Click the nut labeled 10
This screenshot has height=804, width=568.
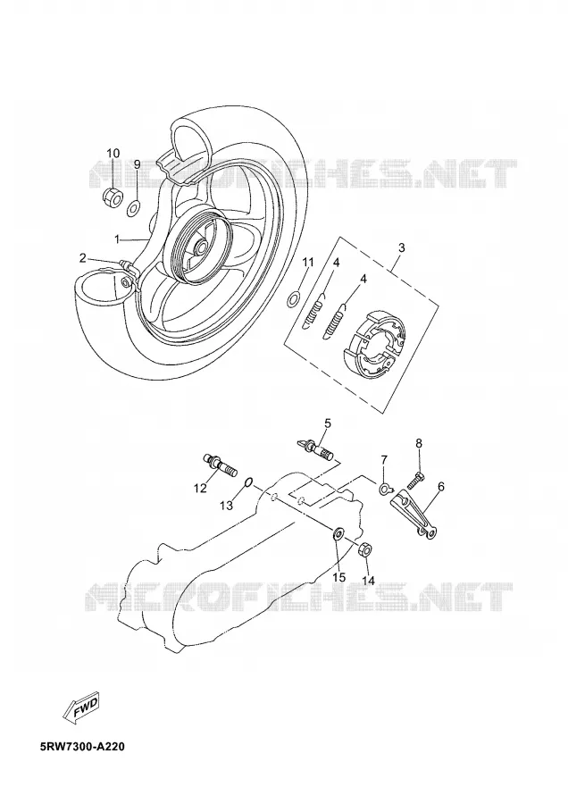pyautogui.click(x=113, y=197)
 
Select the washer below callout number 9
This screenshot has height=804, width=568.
pyautogui.click(x=134, y=206)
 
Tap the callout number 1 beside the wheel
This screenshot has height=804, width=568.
pyautogui.click(x=117, y=239)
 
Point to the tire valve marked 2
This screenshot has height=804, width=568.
pyautogui.click(x=126, y=265)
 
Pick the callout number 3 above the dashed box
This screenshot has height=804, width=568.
pyautogui.click(x=401, y=247)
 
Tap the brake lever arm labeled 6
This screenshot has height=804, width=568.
pyautogui.click(x=416, y=515)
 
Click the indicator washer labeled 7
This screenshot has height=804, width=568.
pyautogui.click(x=385, y=488)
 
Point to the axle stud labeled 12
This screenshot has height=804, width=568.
pyautogui.click(x=221, y=465)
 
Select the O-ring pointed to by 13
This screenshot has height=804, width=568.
pyautogui.click(x=248, y=482)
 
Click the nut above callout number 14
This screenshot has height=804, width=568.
pyautogui.click(x=364, y=549)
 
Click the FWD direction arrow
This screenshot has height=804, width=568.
pyautogui.click(x=81, y=708)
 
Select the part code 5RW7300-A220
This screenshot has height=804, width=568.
pyautogui.click(x=82, y=746)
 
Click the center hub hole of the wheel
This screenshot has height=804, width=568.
pyautogui.click(x=201, y=248)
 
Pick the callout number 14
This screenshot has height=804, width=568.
pyautogui.click(x=369, y=581)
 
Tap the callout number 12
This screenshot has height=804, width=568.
pyautogui.click(x=200, y=488)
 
